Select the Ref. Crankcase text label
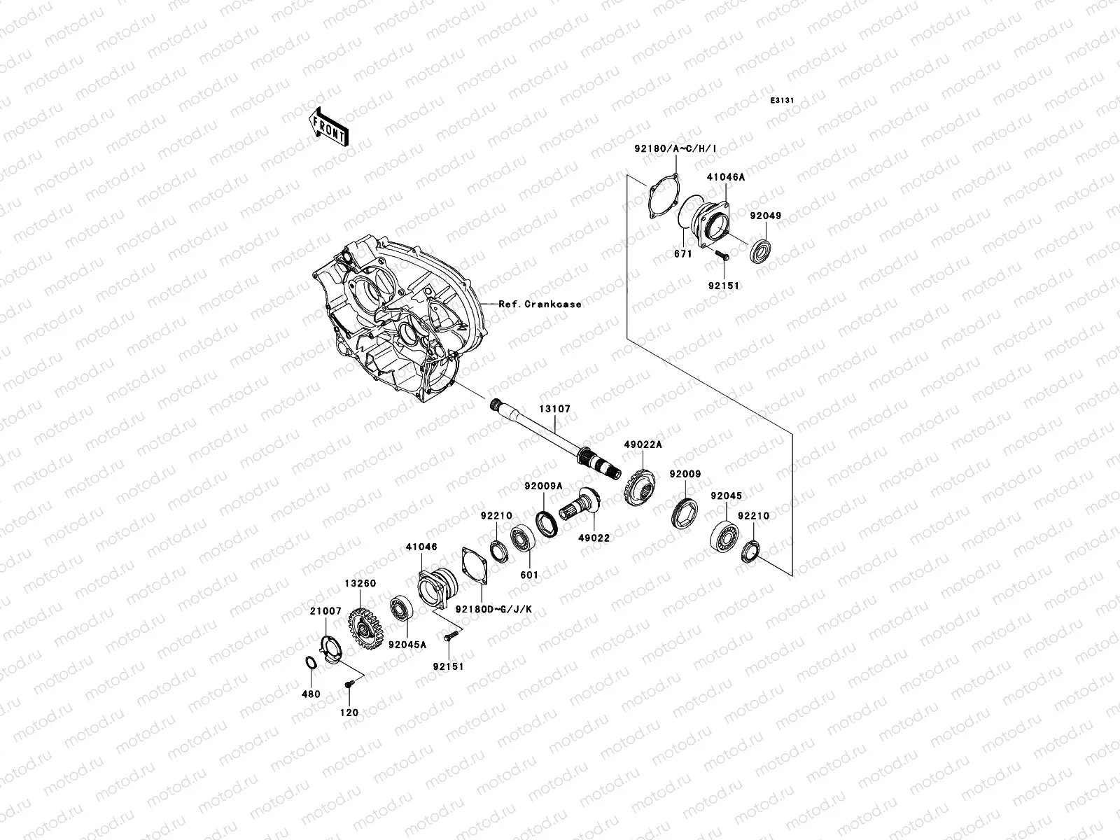(x=540, y=304)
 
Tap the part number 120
(x=349, y=713)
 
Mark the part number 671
(x=682, y=254)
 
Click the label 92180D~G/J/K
(x=493, y=609)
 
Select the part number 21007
(x=325, y=611)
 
